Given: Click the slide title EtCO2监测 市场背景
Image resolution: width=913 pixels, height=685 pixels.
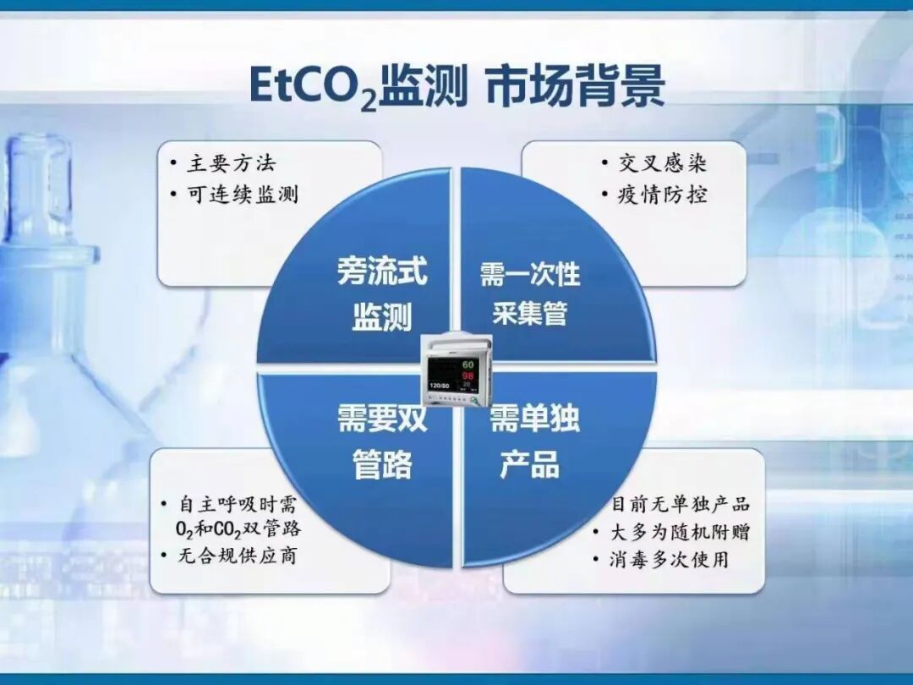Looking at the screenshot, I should (x=456, y=86).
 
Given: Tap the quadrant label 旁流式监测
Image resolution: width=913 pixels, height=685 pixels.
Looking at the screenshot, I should (x=382, y=294).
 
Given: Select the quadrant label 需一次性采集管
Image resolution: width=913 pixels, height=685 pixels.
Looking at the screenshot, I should (x=530, y=293).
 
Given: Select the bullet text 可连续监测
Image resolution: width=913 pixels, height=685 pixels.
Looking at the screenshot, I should (x=243, y=195).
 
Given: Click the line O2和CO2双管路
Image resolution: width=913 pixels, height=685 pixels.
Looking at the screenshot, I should (x=232, y=530).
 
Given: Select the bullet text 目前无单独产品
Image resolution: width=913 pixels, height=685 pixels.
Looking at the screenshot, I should (x=681, y=505).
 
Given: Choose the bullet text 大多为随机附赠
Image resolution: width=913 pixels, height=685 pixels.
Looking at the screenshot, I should (x=681, y=532).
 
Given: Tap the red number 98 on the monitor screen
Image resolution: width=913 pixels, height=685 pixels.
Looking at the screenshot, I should (x=467, y=375).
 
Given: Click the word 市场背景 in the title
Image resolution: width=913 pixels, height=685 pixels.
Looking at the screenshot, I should (x=575, y=86).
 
